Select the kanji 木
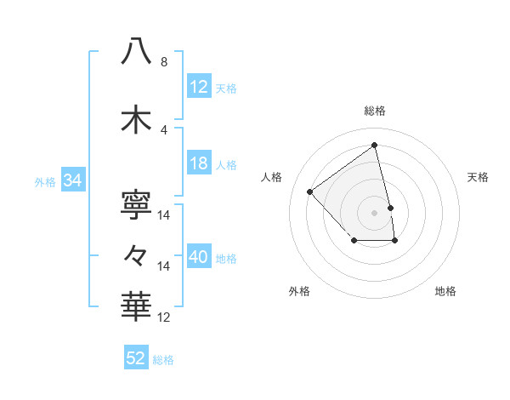click(137, 120)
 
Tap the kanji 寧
click(137, 205)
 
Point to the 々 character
click(137, 254)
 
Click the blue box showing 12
click(199, 87)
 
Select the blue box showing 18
click(199, 163)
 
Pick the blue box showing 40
click(199, 257)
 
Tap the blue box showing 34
click(72, 180)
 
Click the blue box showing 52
click(136, 358)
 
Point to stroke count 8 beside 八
click(164, 62)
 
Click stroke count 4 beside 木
click(164, 130)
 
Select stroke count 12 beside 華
click(164, 317)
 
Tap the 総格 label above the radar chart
click(375, 111)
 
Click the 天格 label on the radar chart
click(478, 177)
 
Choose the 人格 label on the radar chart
click(272, 177)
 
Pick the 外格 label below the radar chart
click(299, 291)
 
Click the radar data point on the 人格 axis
click(310, 191)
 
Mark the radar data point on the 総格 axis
click(375, 146)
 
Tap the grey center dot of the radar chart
click(375, 212)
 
